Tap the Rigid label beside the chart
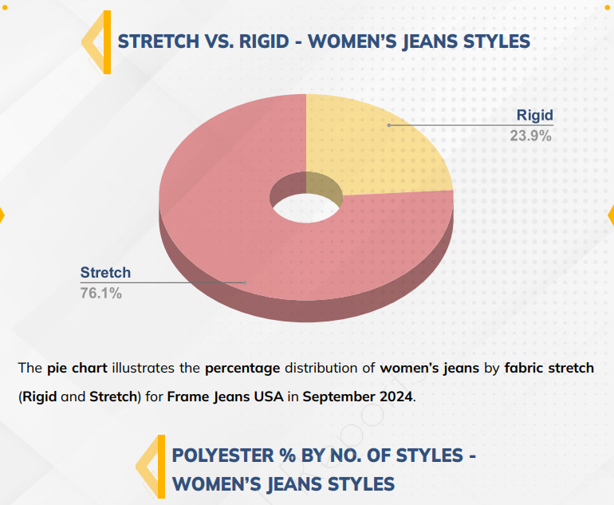534,115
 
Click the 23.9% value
530,136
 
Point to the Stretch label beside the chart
105,273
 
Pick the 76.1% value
101,293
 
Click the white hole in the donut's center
306,208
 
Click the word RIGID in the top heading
264,41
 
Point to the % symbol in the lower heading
287,456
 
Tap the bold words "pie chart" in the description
77,369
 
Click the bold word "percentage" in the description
242,369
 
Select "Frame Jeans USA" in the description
225,397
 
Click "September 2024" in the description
357,397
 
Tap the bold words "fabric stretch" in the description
549,369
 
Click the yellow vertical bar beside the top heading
107,42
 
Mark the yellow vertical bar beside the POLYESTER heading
161,466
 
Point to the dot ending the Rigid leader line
389,125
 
